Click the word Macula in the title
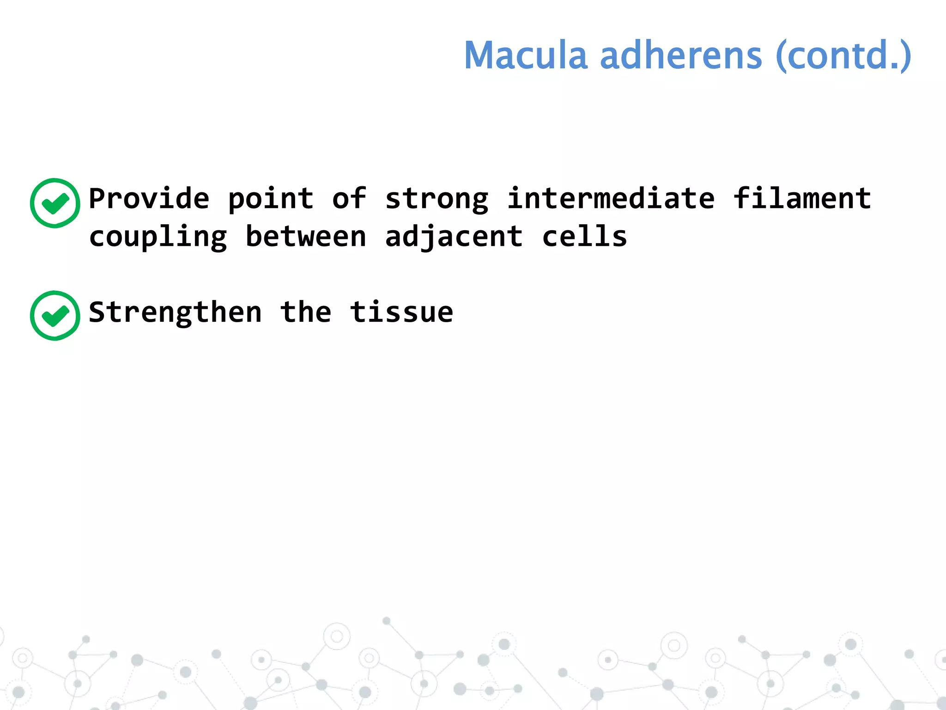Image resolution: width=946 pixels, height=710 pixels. (x=525, y=55)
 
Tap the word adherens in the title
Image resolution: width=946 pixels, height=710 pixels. (x=680, y=55)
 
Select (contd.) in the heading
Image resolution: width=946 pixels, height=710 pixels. (x=843, y=55)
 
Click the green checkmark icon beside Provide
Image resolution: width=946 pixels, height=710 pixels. (x=55, y=203)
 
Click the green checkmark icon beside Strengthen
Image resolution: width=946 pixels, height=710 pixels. (x=55, y=316)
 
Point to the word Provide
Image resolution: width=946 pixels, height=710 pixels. (x=149, y=199)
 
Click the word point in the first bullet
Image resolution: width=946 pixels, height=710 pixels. (x=271, y=200)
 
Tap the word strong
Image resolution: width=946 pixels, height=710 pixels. (x=437, y=200)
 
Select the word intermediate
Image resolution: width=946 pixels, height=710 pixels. (x=611, y=199)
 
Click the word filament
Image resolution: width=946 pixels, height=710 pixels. (x=802, y=199)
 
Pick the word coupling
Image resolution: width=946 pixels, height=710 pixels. (x=158, y=238)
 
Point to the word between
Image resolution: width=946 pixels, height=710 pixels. (x=306, y=237)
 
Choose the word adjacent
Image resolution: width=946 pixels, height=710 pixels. (x=454, y=238)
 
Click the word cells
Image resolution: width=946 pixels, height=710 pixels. (x=584, y=237)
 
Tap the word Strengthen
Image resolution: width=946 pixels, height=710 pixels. (x=175, y=312)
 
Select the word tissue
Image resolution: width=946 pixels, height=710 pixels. (x=401, y=312)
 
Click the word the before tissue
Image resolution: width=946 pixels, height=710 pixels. (x=306, y=312)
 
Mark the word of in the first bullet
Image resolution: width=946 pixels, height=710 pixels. (x=349, y=199)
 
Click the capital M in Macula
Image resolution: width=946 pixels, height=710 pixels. (x=480, y=55)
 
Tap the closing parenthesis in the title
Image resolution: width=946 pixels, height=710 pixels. (x=905, y=56)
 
